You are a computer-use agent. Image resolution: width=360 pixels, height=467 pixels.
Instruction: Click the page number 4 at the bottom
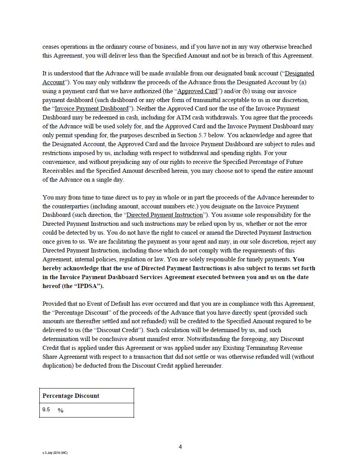point(180,447)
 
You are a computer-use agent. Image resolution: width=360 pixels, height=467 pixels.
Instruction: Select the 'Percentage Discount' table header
point(71,396)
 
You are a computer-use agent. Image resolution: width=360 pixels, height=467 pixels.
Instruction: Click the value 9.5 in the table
point(46,410)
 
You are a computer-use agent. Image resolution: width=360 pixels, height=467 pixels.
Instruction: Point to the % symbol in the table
point(61,411)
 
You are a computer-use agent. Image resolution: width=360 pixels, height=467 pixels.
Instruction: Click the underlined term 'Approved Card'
point(197,91)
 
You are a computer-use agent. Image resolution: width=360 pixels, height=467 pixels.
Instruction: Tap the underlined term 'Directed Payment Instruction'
point(165,215)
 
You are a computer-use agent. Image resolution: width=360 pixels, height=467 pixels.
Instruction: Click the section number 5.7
point(205,135)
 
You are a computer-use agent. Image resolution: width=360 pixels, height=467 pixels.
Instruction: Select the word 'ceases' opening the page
point(51,47)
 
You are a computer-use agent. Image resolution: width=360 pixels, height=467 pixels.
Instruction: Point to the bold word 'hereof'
point(52,286)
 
